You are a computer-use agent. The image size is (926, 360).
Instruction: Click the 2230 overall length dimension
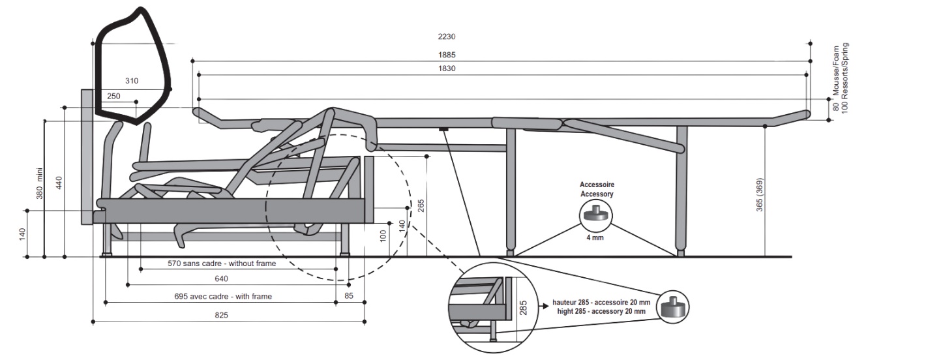(x=447, y=37)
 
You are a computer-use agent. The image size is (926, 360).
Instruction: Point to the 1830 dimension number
(x=447, y=68)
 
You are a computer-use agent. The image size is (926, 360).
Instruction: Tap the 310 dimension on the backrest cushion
(x=132, y=82)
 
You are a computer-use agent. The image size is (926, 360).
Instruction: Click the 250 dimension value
(x=114, y=96)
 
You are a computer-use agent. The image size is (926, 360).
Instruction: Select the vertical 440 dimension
(x=59, y=183)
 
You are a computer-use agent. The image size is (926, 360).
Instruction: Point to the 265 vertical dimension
(x=421, y=206)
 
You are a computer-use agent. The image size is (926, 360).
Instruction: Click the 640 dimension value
(x=222, y=279)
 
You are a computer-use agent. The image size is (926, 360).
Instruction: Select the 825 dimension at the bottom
(x=222, y=315)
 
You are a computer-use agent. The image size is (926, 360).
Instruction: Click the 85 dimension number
(x=349, y=296)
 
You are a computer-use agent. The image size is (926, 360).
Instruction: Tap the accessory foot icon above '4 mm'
(x=596, y=214)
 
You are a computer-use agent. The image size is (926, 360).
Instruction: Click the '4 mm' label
(x=596, y=238)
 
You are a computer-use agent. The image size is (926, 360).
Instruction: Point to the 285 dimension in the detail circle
(x=523, y=307)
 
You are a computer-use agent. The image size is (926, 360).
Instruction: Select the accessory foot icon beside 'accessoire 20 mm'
(x=672, y=307)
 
